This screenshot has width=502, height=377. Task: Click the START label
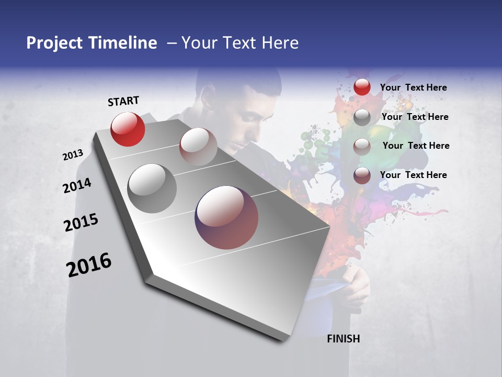123,101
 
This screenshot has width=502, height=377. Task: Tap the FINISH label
343,339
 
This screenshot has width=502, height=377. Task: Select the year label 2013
73,155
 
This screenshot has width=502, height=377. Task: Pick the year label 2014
77,186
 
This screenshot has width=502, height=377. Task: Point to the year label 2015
81,223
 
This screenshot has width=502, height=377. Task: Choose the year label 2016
89,265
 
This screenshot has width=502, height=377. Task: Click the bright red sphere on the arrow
128,129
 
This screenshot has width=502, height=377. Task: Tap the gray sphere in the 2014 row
152,188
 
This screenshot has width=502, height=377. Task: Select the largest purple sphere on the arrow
226,217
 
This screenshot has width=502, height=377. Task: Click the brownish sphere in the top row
198,146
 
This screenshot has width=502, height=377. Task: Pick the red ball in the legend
362,87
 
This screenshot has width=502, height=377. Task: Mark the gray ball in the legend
362,117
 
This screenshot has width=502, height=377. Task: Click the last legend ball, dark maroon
362,175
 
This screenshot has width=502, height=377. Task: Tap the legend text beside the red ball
413,87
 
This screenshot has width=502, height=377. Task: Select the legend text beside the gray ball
415,117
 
